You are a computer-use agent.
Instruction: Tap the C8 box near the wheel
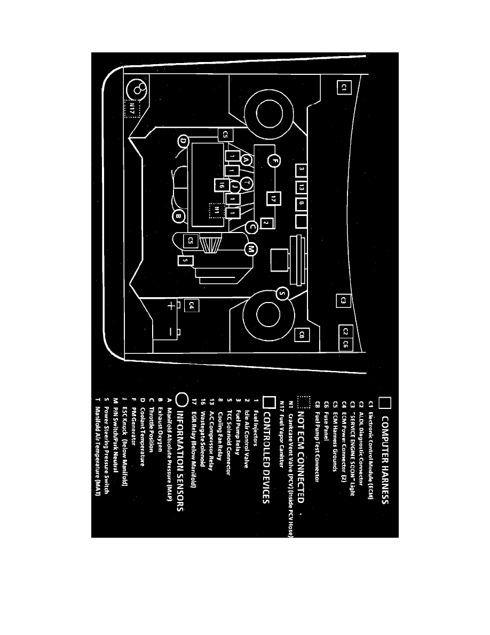(x=302, y=335)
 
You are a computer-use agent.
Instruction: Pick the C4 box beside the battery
(x=192, y=306)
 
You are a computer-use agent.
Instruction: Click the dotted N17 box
(x=132, y=109)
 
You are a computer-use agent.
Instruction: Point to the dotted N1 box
(x=216, y=210)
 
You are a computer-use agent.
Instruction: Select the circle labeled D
(x=183, y=141)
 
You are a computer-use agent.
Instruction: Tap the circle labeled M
(x=251, y=249)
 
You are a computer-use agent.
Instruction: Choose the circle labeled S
(x=283, y=293)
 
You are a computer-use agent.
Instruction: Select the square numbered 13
(x=302, y=188)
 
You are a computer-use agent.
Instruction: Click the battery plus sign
(x=171, y=306)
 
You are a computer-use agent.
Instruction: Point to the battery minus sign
(x=171, y=332)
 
